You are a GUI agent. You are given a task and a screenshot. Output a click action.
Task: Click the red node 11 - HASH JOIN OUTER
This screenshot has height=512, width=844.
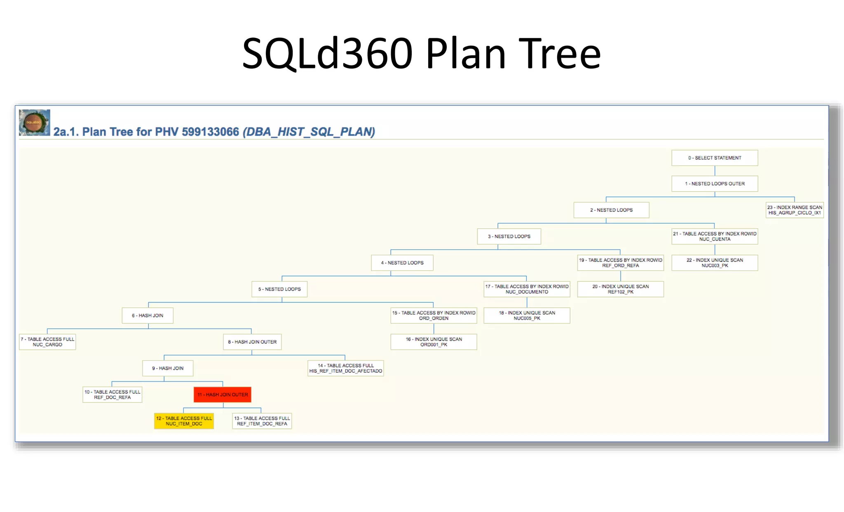(223, 395)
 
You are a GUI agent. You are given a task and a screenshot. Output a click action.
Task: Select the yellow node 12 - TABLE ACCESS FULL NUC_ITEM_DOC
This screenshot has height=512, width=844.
(184, 421)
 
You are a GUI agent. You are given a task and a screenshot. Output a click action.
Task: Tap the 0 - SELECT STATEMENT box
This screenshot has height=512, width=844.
(714, 158)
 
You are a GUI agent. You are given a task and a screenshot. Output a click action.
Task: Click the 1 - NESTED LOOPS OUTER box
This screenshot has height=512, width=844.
(714, 184)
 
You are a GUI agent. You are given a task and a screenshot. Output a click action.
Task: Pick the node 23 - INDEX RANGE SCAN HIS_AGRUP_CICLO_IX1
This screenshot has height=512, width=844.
(794, 210)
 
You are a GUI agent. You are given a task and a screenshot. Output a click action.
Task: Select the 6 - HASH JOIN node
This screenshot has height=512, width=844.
(148, 316)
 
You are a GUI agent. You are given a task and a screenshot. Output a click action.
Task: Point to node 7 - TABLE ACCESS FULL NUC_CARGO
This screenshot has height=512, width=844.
(47, 342)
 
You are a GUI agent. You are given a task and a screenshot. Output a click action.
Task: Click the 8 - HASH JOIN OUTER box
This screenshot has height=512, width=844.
(252, 342)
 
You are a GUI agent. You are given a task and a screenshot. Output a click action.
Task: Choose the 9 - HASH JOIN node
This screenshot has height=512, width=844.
(168, 368)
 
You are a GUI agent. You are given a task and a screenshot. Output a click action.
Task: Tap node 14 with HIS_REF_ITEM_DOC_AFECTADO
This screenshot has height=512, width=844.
(346, 368)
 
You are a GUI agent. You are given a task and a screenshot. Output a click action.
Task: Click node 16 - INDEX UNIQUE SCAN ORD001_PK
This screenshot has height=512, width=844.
(434, 342)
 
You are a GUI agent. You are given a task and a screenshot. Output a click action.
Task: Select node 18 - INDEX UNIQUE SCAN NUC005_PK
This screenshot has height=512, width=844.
(527, 316)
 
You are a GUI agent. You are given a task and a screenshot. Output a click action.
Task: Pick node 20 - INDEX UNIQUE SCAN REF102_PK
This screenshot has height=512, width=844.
(620, 289)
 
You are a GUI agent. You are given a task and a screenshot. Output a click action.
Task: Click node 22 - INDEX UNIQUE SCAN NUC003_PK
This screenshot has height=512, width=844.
(715, 263)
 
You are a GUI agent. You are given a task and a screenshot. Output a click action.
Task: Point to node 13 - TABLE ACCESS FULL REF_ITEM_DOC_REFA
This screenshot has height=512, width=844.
(262, 421)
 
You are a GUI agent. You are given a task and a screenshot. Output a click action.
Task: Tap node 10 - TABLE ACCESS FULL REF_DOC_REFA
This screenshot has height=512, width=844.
(112, 395)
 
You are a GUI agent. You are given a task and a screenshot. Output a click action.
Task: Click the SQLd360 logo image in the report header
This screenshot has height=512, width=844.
(34, 122)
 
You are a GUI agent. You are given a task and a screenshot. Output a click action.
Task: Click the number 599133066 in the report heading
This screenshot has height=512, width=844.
(210, 132)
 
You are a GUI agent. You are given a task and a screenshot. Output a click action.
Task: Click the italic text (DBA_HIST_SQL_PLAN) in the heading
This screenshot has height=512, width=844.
(309, 132)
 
